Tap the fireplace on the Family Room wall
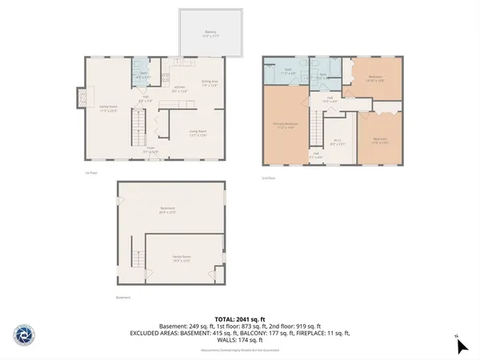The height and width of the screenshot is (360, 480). [x=79, y=98]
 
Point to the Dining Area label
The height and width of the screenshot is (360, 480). [x=210, y=83]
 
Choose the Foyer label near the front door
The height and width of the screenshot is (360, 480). [x=150, y=150]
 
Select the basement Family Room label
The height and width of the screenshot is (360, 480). [x=182, y=258]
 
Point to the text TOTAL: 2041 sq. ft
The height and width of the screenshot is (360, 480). [x=240, y=319]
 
